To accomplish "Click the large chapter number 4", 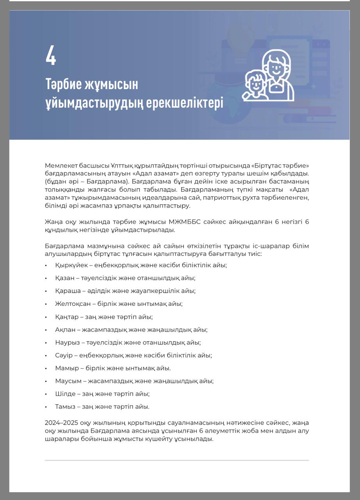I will click(x=51, y=55).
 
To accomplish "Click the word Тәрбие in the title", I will click(x=64, y=84).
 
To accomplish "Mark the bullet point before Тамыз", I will click(x=46, y=407).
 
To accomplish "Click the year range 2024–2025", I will click(x=62, y=423).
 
